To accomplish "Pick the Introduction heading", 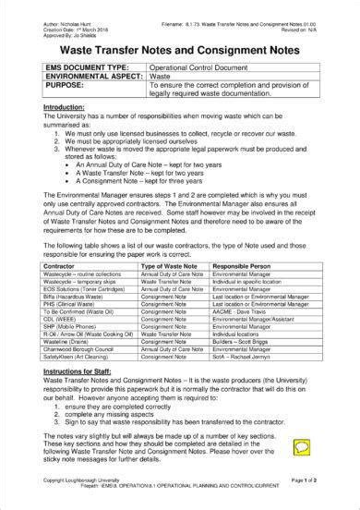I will tap(63, 107).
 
